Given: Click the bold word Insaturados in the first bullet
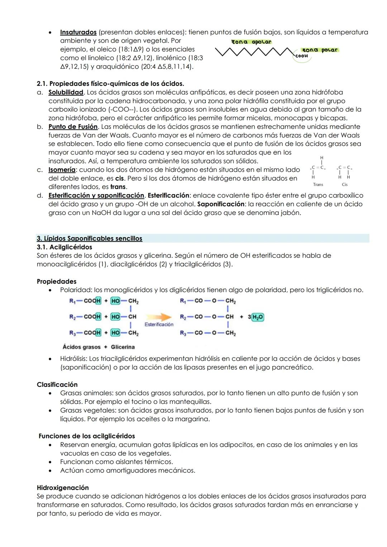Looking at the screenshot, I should click(x=78, y=32).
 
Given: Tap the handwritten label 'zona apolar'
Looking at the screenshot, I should click(x=252, y=42).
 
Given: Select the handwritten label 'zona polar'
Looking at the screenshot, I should click(x=320, y=50).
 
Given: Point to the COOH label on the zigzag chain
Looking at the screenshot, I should click(x=301, y=56).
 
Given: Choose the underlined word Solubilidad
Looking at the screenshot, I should click(x=66, y=92).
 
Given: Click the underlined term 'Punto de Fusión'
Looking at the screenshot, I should click(x=73, y=127).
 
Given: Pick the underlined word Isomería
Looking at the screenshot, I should click(x=62, y=170).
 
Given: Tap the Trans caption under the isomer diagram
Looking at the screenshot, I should click(x=318, y=184).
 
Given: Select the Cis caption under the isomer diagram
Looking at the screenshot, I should click(x=345, y=184).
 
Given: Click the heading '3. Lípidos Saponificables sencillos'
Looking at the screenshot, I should click(x=90, y=239).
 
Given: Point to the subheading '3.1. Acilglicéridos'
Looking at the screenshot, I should click(x=64, y=247).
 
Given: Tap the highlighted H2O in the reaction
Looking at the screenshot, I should click(x=258, y=317).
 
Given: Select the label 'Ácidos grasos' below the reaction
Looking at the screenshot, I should click(x=82, y=347).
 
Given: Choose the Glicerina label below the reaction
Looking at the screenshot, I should click(x=123, y=347).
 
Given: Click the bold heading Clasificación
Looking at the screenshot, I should click(x=57, y=385).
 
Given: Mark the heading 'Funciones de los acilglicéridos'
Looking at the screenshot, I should click(x=87, y=436).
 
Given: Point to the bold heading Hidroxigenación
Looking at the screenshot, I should click(x=63, y=488).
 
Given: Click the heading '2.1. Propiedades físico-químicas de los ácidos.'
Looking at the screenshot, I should click(x=110, y=84).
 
